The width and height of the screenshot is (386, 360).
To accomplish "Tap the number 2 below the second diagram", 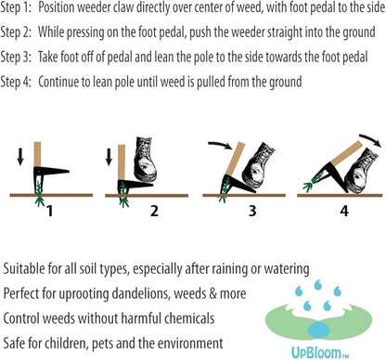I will [154, 210].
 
